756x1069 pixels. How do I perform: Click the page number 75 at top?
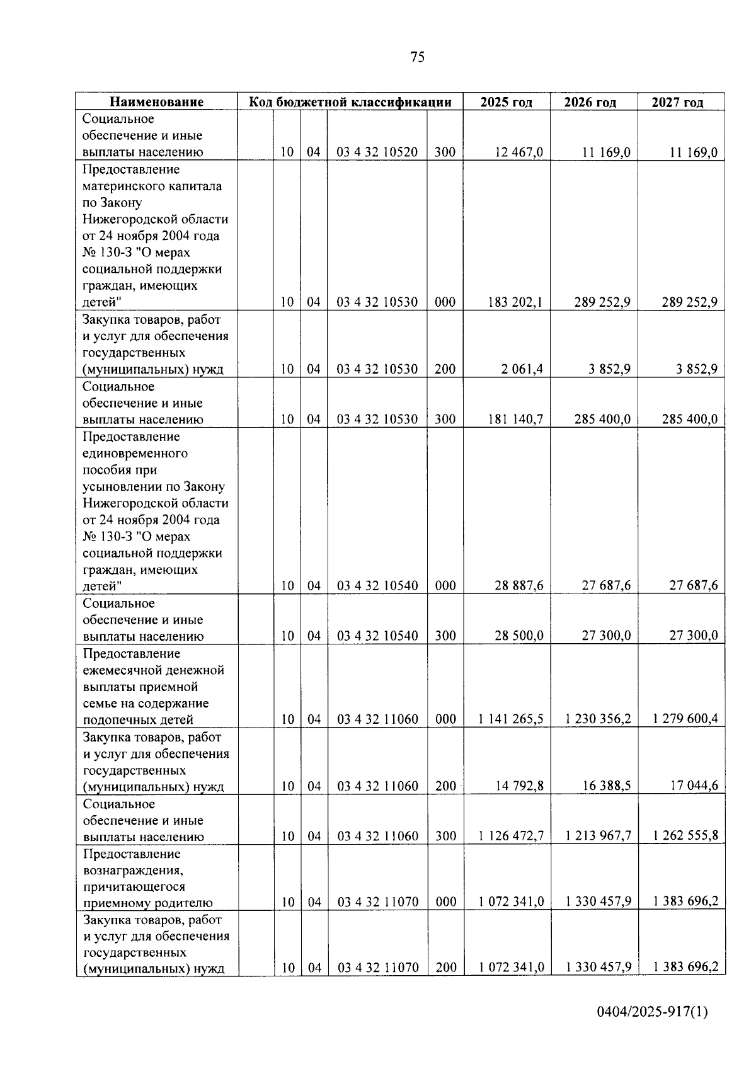point(417,57)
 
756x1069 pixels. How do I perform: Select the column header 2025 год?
point(506,102)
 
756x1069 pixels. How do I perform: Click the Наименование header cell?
point(157,102)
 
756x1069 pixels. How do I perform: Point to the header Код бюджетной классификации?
point(350,102)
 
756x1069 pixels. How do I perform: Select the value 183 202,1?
point(515,302)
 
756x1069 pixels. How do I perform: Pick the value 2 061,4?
point(522,369)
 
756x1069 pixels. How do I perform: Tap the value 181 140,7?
point(515,419)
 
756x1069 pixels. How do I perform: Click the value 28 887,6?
point(519,586)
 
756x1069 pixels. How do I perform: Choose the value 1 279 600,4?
point(685,719)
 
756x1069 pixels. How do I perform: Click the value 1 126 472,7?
point(511,836)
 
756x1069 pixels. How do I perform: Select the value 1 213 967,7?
point(598,836)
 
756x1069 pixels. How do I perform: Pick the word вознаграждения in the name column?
point(133,871)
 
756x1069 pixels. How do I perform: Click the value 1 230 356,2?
point(598,719)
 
